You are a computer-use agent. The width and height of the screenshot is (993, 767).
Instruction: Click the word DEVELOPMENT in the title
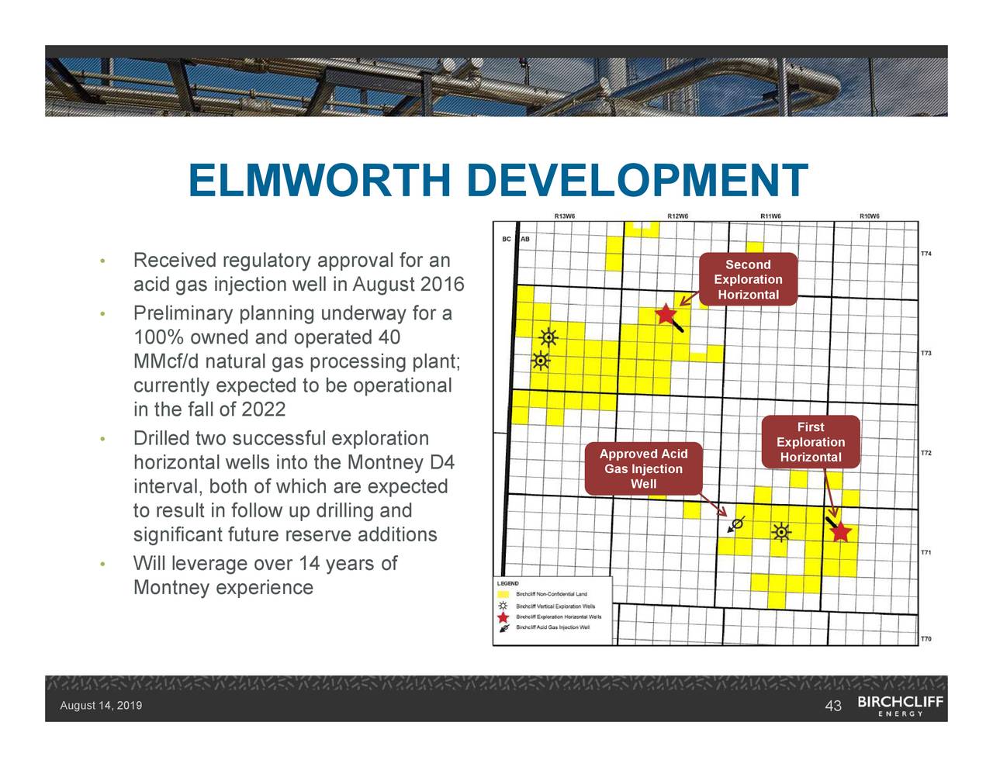coord(638,181)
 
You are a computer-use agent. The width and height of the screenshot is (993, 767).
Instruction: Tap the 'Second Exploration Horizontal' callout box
coord(748,280)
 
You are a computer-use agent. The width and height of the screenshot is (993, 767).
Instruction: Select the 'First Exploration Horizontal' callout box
coord(811,442)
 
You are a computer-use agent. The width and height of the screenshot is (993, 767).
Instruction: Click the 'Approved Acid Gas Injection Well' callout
coord(643,469)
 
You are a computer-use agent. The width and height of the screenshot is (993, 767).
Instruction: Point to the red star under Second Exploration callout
coord(666,314)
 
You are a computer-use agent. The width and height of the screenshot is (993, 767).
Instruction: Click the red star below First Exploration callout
coord(842,533)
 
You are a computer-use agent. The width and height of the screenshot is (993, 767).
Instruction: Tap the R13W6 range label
coord(565,216)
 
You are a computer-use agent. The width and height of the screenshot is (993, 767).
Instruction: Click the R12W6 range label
coord(678,216)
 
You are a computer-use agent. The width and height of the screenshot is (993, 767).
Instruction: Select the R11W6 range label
coord(770,216)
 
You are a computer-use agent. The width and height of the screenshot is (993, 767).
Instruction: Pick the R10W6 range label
coord(870,216)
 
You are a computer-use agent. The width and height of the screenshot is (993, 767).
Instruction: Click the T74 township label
coord(926,254)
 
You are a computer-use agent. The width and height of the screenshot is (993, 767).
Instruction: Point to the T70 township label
coord(926,639)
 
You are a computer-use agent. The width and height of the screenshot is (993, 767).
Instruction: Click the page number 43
coord(833,706)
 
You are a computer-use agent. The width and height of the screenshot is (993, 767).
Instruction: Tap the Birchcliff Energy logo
coord(900,706)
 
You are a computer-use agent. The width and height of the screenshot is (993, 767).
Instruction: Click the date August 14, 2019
coord(101,706)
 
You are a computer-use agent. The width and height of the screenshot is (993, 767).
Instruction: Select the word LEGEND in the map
coord(507,583)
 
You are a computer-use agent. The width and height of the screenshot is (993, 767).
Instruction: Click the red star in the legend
coord(503,617)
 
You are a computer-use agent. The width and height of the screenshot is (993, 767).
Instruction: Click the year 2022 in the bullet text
coord(264,409)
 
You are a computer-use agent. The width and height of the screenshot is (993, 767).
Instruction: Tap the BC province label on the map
coord(507,239)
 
